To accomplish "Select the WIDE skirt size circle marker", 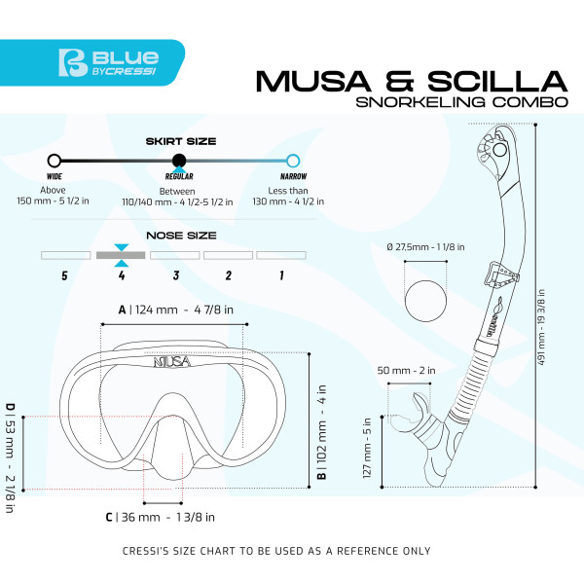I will click(55, 161).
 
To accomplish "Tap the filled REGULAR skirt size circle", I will click(178, 161).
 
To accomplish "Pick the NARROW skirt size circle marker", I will click(293, 161).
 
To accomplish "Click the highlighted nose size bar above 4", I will click(121, 255).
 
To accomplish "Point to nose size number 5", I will click(64, 275).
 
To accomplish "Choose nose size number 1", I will click(281, 275).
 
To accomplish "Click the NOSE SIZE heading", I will click(174, 235).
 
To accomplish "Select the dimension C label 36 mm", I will click(160, 517).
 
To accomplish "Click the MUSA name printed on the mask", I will click(172, 361).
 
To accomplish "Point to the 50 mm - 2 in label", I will click(407, 371).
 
